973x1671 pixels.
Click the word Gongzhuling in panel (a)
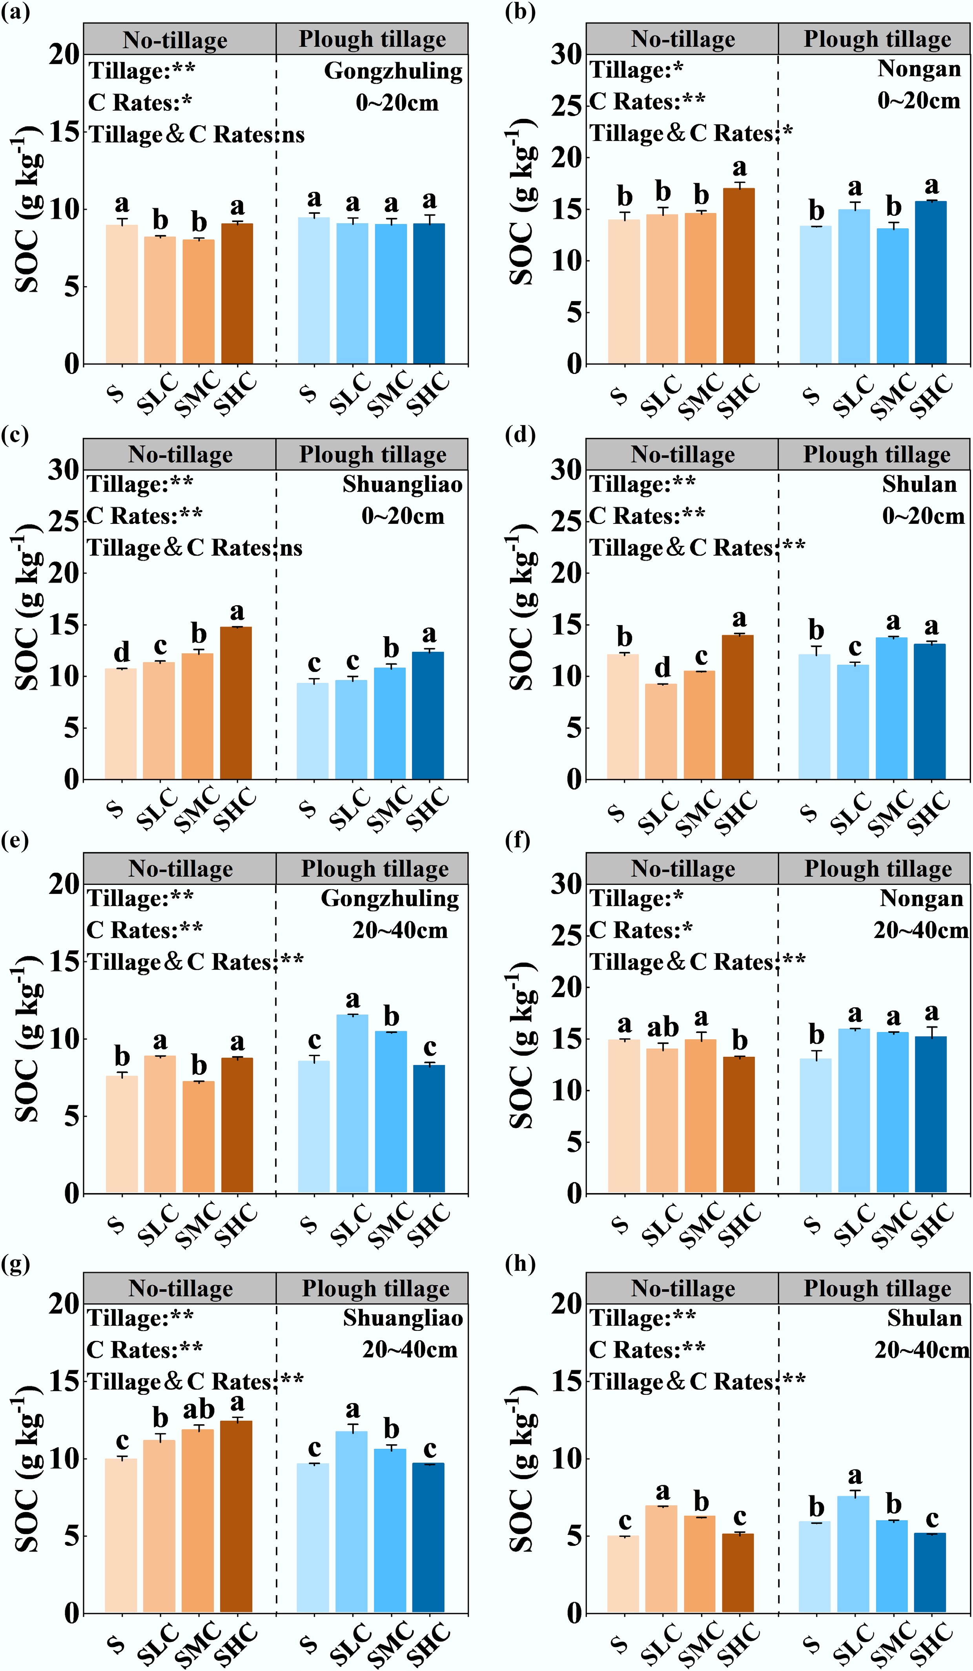(393, 71)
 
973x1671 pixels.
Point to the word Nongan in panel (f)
(921, 899)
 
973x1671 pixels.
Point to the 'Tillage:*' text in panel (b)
(636, 69)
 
